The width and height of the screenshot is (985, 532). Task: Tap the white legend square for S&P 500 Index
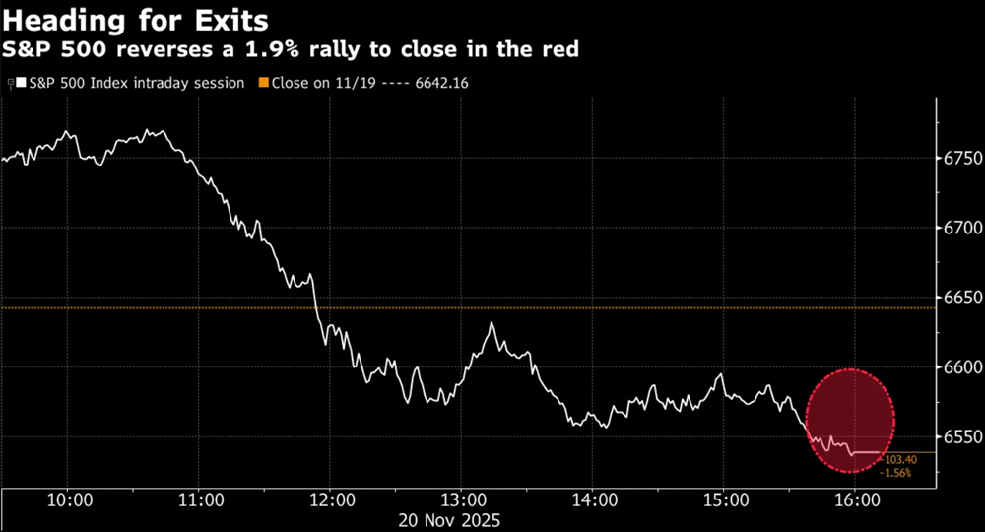point(20,84)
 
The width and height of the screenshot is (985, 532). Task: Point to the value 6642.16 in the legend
point(437,84)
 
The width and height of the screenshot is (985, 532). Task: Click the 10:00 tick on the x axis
point(69,500)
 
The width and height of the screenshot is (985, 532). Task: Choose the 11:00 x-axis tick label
point(200,500)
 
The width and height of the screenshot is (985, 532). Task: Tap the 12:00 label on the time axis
point(331,500)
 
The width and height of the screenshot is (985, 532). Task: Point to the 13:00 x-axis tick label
point(462,500)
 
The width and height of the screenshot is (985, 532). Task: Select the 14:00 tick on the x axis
point(592,500)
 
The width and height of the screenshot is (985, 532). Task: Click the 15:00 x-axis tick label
point(723,500)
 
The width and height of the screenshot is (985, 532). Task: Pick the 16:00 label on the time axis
point(854,500)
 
